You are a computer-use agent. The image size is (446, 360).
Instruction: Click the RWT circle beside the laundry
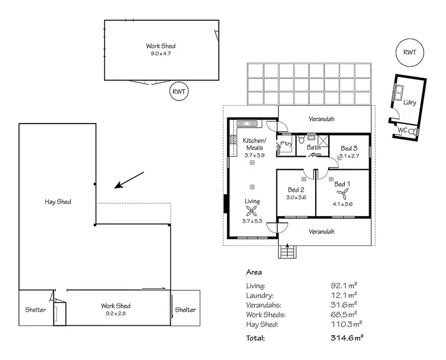[409, 53]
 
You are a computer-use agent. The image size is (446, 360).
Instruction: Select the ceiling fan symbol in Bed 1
[342, 194]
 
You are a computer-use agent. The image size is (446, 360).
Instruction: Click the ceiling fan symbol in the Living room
[252, 211]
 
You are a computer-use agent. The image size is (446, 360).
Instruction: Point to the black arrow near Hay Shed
[128, 180]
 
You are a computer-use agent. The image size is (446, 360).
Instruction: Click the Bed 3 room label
[348, 148]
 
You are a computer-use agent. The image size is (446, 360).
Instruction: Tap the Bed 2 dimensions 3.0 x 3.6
[296, 197]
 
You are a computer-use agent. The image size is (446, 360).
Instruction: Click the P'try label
[286, 143]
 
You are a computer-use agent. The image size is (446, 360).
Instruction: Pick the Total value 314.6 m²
[347, 338]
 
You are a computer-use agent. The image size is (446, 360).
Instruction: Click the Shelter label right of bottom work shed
[186, 310]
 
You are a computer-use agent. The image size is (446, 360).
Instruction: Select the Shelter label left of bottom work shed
[35, 310]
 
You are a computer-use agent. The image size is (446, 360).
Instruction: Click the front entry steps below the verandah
[288, 251]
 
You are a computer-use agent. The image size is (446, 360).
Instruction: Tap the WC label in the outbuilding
[403, 130]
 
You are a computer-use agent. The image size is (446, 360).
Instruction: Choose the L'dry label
[409, 102]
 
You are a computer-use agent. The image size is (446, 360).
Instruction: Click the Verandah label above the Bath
[321, 119]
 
